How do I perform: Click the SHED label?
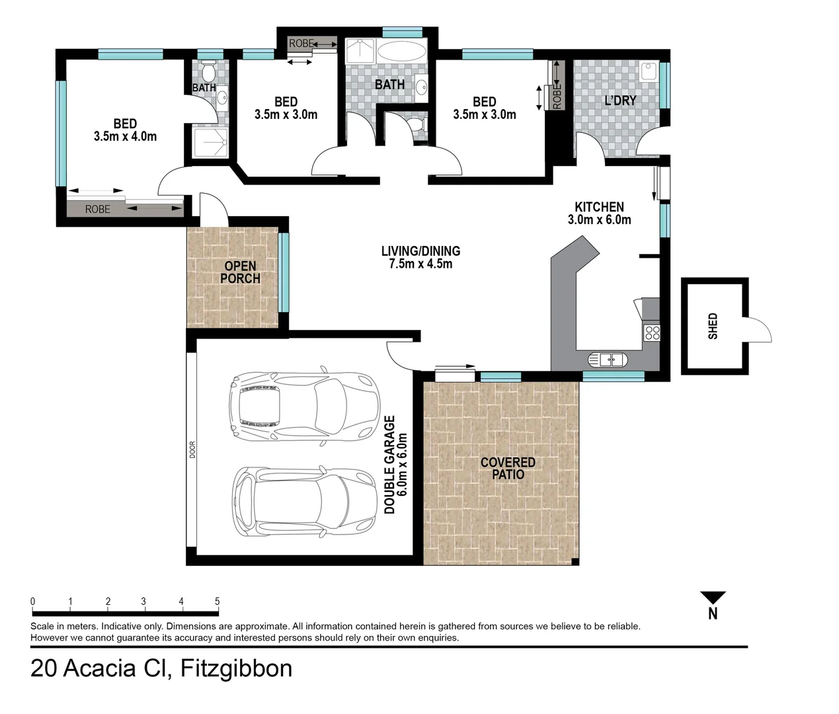pos(713,326)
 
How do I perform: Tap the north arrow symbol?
pos(713,598)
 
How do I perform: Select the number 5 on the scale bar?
pos(217,601)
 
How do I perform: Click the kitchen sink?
pos(607,360)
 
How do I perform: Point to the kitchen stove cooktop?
pos(652,333)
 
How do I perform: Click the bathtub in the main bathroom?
pos(402,53)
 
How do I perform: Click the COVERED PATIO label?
pos(508,468)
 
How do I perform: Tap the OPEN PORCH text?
pos(240,272)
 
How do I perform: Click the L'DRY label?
pos(620,100)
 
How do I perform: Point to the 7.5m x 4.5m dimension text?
pos(420,264)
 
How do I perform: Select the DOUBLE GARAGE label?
pos(389,464)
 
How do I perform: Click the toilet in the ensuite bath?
pos(209,69)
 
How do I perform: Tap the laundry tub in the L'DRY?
pos(649,70)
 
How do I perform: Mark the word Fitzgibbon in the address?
pos(236,668)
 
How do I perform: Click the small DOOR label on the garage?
pos(192,450)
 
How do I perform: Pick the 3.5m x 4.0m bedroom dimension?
pos(125,136)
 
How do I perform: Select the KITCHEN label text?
pos(599,207)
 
